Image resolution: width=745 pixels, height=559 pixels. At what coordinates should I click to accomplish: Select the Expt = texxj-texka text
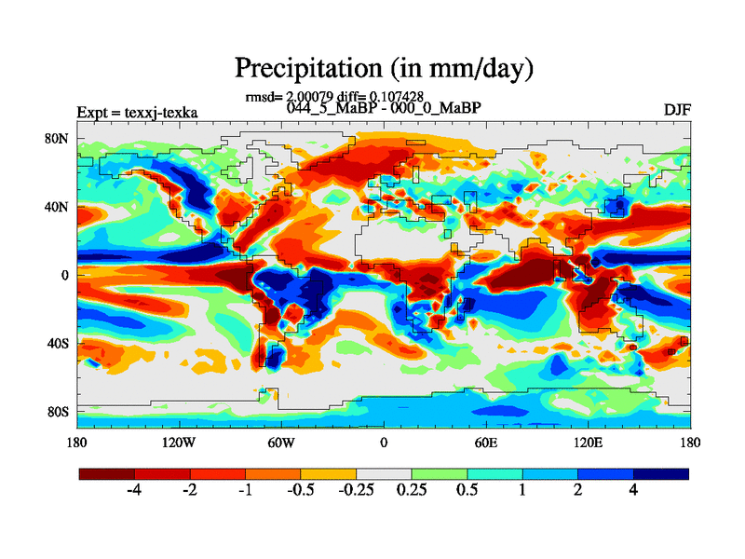[x=137, y=113]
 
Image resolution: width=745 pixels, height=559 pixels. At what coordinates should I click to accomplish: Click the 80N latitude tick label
[x=58, y=139]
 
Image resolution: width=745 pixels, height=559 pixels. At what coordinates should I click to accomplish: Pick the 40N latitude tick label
[x=58, y=207]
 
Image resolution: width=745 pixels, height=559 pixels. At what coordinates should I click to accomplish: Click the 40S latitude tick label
[x=58, y=343]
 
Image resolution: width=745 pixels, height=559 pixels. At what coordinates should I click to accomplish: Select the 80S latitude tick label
[x=58, y=411]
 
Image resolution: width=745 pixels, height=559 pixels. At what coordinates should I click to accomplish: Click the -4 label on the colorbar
[x=133, y=491]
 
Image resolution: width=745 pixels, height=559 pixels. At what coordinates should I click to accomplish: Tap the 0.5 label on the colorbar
[x=467, y=491]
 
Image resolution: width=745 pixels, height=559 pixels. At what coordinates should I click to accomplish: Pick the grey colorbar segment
[x=384, y=473]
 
